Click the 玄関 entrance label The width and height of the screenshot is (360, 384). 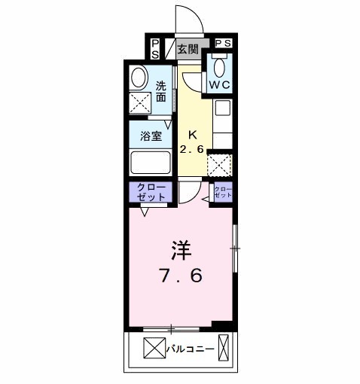coord(188,50)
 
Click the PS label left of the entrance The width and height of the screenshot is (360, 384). coord(155,49)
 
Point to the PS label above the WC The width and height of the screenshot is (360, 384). coord(223,44)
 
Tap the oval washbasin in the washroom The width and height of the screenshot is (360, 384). coord(138,78)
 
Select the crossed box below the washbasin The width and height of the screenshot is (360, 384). coord(139,102)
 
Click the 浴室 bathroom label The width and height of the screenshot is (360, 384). coord(151,136)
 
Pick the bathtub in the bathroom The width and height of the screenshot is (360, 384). coord(151,163)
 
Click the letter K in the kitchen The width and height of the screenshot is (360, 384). coord(192,135)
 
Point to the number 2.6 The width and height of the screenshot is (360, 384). coord(192,148)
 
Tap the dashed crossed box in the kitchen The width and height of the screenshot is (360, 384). coord(219,164)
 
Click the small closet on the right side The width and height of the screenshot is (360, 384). coord(224,191)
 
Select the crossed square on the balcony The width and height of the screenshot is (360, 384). coord(153,349)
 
